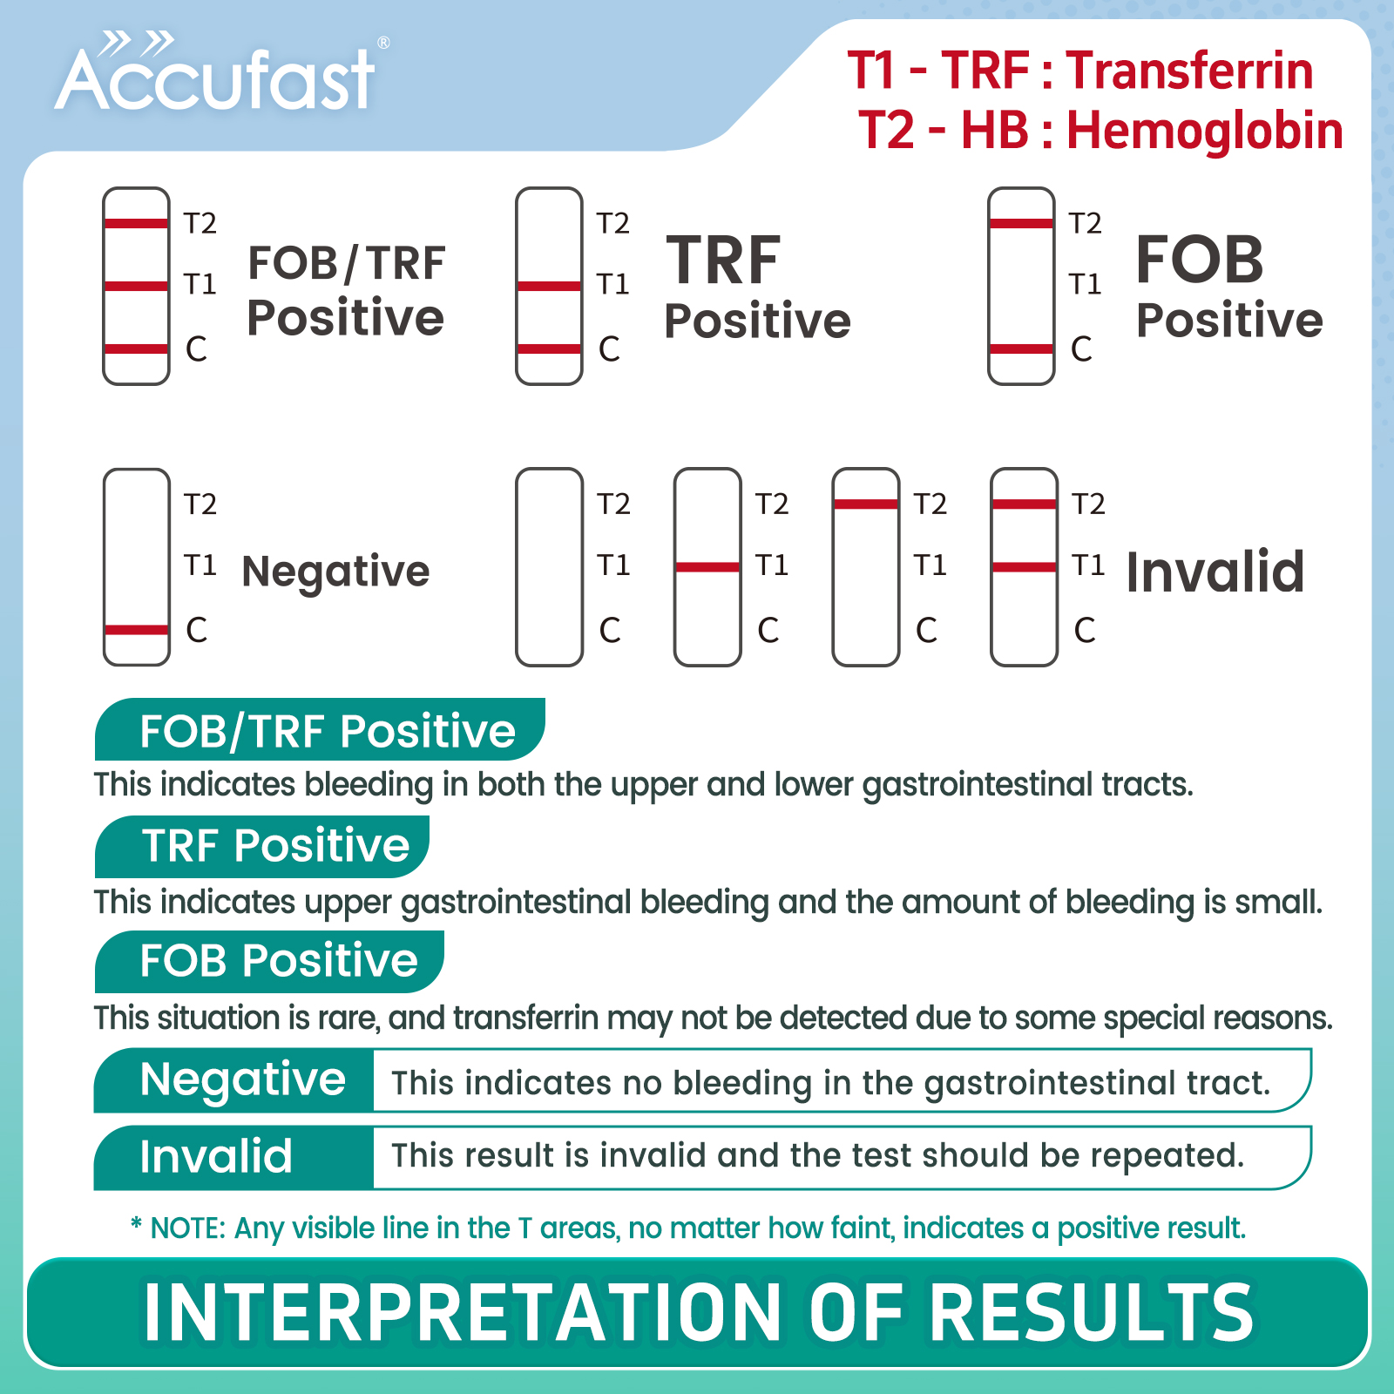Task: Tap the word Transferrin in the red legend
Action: point(1189,71)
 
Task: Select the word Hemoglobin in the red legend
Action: point(1204,131)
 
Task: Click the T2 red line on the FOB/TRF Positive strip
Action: point(136,224)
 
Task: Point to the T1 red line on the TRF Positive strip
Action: point(549,286)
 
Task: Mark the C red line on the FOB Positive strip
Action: point(1021,349)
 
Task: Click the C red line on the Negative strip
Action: point(136,630)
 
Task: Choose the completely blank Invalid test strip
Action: point(549,567)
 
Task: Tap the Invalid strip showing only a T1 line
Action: point(707,567)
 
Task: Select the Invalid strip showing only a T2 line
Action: point(865,567)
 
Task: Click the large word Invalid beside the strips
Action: point(1215,572)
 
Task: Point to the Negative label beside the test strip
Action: point(335,572)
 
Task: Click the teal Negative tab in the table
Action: point(234,1080)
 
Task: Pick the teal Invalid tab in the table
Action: point(234,1157)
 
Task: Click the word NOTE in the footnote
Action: point(187,1228)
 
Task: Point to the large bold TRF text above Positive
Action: point(723,261)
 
